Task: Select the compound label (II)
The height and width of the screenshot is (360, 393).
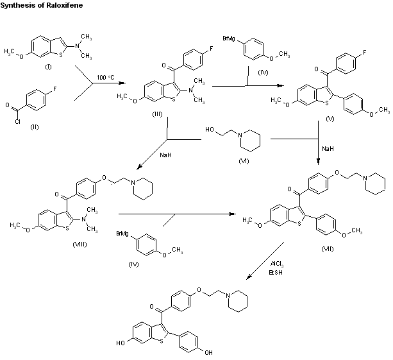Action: (35, 127)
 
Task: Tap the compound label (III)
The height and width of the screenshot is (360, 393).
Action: (157, 113)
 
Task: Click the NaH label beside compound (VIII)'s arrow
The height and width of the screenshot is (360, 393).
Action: (149, 155)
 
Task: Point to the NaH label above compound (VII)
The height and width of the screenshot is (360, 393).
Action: (326, 148)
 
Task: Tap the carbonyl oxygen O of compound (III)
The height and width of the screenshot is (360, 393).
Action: (146, 66)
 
